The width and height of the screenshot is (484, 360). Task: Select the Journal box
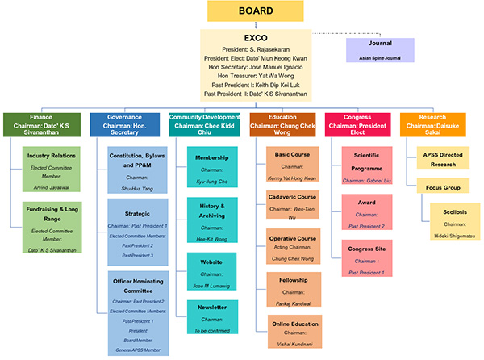click(x=379, y=50)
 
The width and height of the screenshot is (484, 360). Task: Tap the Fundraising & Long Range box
click(x=52, y=228)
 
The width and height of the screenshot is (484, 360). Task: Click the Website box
click(x=212, y=270)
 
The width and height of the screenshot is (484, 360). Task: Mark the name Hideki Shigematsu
click(x=449, y=235)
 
